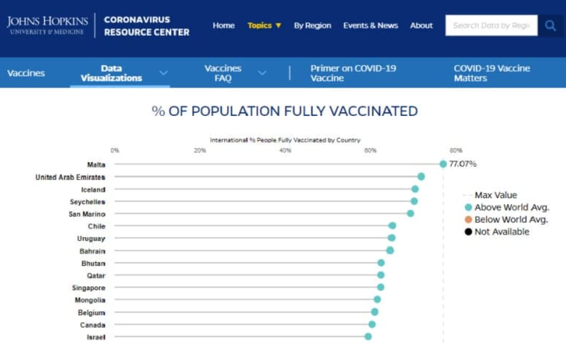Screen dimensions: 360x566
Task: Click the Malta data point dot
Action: click(x=443, y=164)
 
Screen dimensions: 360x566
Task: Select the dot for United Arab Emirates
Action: click(x=421, y=176)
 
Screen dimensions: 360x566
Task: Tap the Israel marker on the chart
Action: click(x=368, y=336)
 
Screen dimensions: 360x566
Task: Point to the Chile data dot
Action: click(x=392, y=226)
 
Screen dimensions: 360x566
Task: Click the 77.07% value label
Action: click(x=462, y=164)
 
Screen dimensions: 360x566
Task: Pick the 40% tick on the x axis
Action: click(x=285, y=151)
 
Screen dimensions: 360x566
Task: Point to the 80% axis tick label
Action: click(x=456, y=151)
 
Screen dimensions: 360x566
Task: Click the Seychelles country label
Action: click(x=87, y=202)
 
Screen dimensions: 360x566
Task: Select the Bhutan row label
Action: click(x=93, y=264)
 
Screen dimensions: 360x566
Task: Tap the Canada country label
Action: click(x=92, y=325)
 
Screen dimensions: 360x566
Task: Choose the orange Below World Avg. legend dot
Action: click(x=468, y=219)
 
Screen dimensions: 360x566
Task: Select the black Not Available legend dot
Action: click(x=468, y=232)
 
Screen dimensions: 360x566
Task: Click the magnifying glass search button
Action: click(x=551, y=25)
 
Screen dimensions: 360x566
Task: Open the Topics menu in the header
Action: click(x=264, y=25)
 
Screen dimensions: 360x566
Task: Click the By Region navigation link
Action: click(x=312, y=25)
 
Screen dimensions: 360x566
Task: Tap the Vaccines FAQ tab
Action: click(x=223, y=73)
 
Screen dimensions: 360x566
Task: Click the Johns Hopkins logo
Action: click(x=48, y=25)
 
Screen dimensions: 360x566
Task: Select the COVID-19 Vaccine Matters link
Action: click(x=492, y=73)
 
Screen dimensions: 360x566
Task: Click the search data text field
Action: click(x=491, y=25)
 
